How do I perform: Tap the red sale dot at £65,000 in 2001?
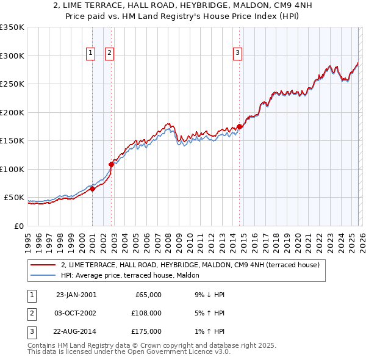click(92, 189)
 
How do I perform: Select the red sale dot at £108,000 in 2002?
click(111, 164)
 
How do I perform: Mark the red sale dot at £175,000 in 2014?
click(239, 126)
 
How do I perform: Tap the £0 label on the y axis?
click(18, 226)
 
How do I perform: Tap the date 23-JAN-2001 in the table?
click(76, 295)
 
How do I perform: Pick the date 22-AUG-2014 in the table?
click(76, 331)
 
